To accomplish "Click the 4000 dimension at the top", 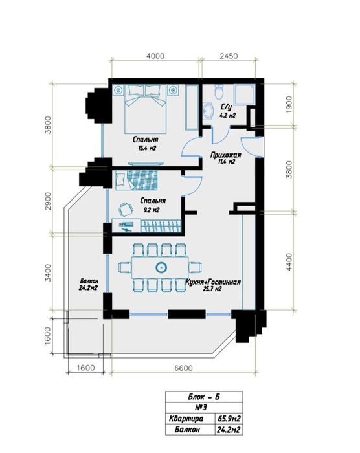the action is point(155,56).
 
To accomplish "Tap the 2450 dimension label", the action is point(229,56).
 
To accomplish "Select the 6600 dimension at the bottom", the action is point(183,368).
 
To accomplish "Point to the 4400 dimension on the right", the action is point(289,261).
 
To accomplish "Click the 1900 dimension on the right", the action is point(289,104).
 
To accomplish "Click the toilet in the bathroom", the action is point(219,92).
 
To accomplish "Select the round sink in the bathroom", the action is point(207,111).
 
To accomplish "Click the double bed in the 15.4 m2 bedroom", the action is point(146,109).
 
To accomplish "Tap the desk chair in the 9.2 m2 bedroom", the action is point(126,209).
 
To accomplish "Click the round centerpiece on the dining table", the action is point(161,267).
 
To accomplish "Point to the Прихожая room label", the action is point(226,159).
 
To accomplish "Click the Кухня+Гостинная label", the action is point(213,285).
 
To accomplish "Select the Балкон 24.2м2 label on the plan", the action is point(88,284).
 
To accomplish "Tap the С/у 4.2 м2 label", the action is point(227,111).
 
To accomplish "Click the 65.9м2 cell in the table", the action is point(229,418).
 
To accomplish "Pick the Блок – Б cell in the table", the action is point(204,397).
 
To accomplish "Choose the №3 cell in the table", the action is point(204,408).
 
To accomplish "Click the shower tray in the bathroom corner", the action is point(244,94).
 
